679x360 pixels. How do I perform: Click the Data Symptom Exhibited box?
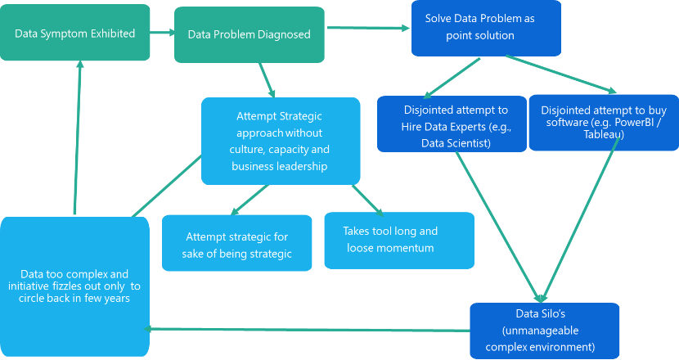tap(75, 34)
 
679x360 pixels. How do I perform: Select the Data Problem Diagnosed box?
tap(249, 34)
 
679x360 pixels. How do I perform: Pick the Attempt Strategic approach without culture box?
tap(280, 141)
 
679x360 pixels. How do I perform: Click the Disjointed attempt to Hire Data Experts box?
tap(452, 124)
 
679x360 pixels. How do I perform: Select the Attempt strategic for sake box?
tap(237, 245)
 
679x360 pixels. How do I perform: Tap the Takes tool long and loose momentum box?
tap(398, 240)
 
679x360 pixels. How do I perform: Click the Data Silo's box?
tap(543, 329)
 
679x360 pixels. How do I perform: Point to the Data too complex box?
tap(75, 286)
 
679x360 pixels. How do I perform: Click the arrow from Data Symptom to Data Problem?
tap(163, 34)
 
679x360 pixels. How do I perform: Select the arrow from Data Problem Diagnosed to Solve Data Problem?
tap(368, 29)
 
